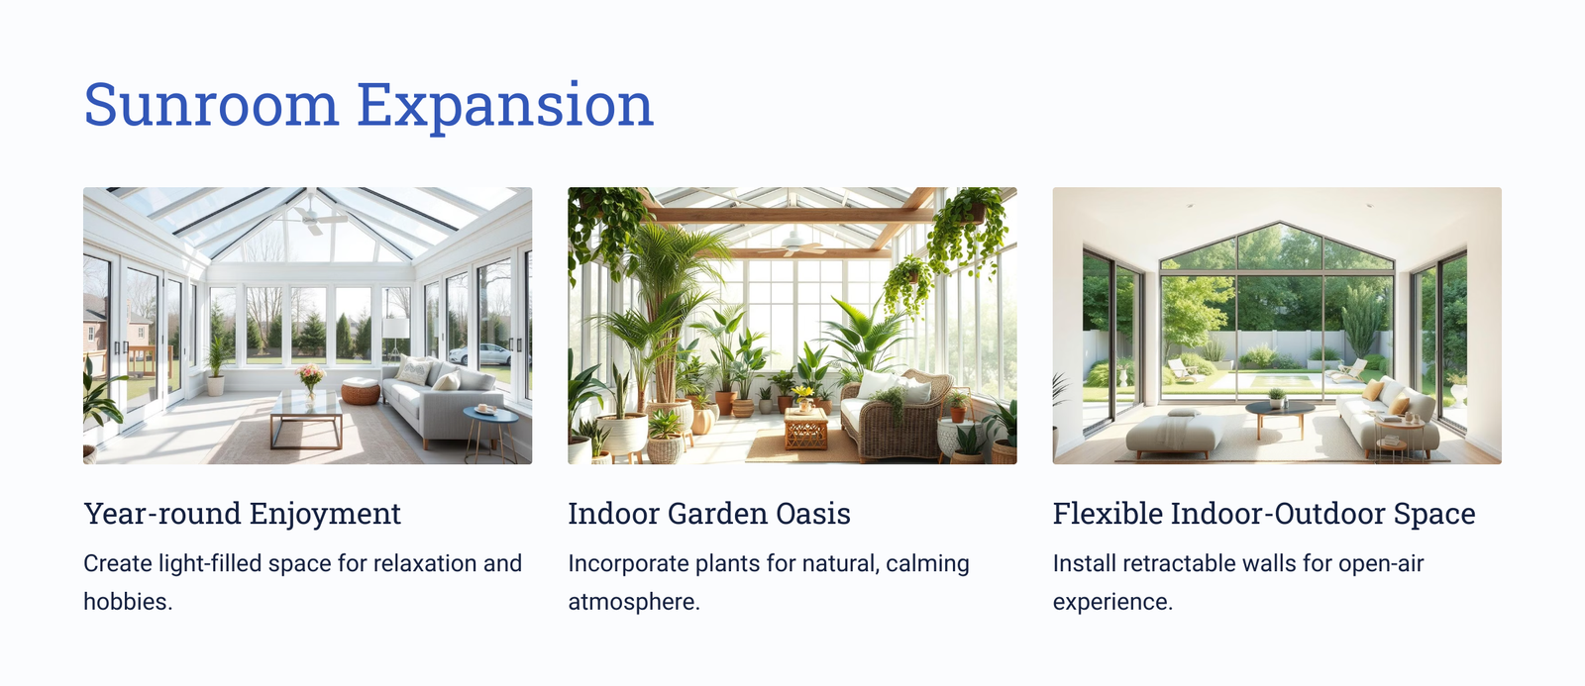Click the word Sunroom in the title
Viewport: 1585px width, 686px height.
pos(211,105)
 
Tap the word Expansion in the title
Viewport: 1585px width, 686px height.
pos(505,106)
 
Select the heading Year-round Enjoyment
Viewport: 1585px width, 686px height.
pos(242,514)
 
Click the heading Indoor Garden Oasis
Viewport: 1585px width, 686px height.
pos(709,514)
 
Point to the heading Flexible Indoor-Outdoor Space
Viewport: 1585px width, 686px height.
pos(1264,514)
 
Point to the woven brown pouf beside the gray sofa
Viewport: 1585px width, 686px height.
pos(361,391)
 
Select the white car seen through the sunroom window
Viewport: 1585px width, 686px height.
pos(481,354)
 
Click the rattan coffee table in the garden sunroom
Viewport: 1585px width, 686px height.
pos(806,429)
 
